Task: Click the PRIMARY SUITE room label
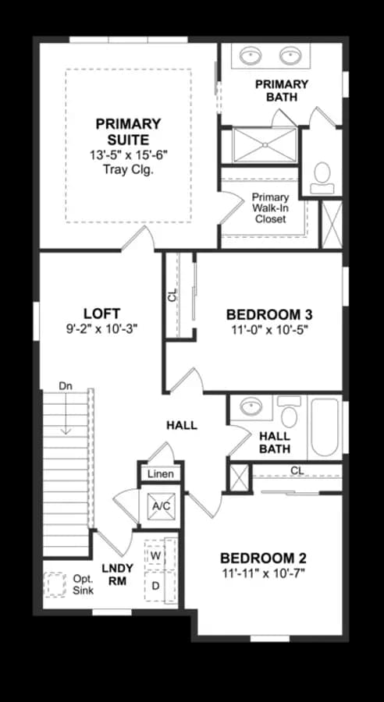pos(128,132)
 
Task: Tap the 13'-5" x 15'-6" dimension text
pos(128,156)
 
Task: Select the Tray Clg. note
pos(128,170)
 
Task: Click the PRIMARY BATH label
pos(282,90)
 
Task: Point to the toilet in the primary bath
pos(322,178)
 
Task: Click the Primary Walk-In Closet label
pos(270,208)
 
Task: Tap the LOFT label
pos(101,314)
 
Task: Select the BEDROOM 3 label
pos(269,315)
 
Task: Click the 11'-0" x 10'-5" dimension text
pos(269,330)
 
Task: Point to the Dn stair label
pos(66,385)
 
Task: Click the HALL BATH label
pos(275,442)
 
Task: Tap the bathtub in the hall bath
pos(325,427)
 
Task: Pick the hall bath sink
pos(251,406)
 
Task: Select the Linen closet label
pos(161,473)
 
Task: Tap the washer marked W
pos(156,555)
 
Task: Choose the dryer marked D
pos(156,586)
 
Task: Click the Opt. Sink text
pos(84,584)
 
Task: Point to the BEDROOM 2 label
pos(264,558)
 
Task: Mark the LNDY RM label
pos(117,575)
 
